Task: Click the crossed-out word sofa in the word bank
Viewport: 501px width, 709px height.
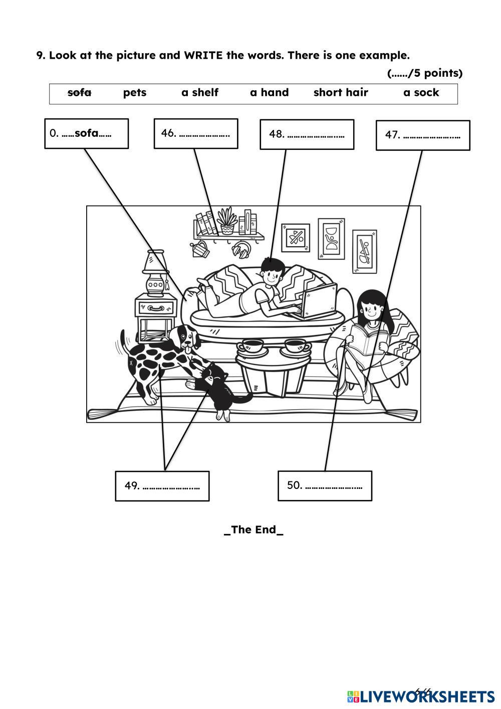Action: pyautogui.click(x=79, y=93)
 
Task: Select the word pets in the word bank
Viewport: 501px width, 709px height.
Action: pyautogui.click(x=135, y=93)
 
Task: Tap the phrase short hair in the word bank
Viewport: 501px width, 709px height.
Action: pyautogui.click(x=341, y=93)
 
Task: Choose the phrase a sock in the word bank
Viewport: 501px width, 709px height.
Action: pyautogui.click(x=421, y=93)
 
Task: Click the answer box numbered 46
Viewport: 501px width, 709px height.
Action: pyautogui.click(x=195, y=133)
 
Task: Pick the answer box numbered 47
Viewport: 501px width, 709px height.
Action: pyautogui.click(x=423, y=135)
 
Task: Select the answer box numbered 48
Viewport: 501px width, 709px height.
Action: pyautogui.click(x=307, y=134)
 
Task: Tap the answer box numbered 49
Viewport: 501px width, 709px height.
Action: pyautogui.click(x=162, y=486)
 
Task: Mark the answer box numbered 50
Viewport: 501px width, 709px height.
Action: pyautogui.click(x=325, y=485)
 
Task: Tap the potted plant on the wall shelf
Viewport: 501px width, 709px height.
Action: pyautogui.click(x=227, y=221)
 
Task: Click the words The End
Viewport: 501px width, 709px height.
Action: pyautogui.click(x=254, y=530)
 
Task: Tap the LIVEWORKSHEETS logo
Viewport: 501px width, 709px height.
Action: pyautogui.click(x=421, y=696)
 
